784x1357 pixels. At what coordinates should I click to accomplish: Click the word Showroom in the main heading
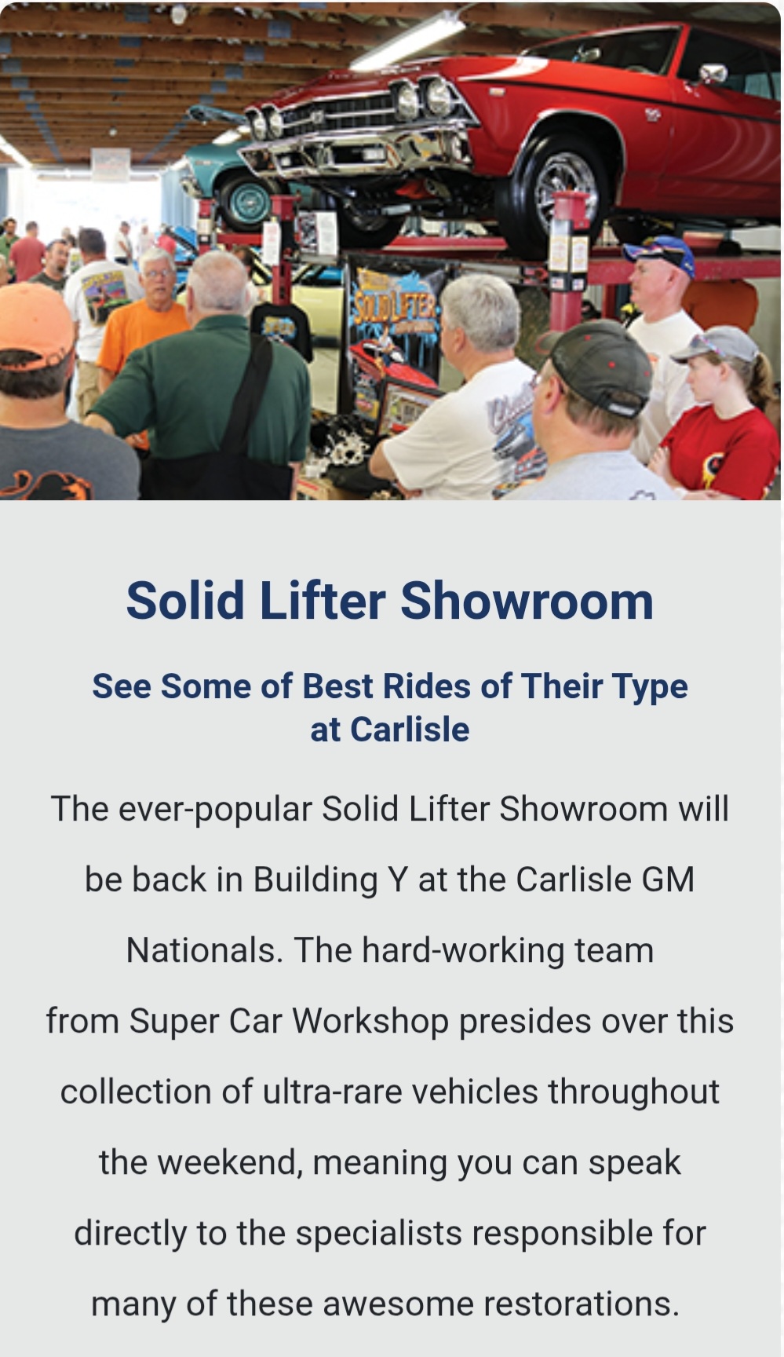pyautogui.click(x=527, y=601)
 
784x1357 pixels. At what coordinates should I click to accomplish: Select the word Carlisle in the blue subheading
pyautogui.click(x=410, y=730)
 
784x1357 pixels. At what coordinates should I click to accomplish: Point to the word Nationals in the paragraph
pyautogui.click(x=205, y=950)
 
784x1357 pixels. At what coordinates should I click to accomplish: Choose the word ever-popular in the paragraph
pyautogui.click(x=215, y=810)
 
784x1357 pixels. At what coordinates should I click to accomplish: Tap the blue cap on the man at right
pyautogui.click(x=659, y=253)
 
